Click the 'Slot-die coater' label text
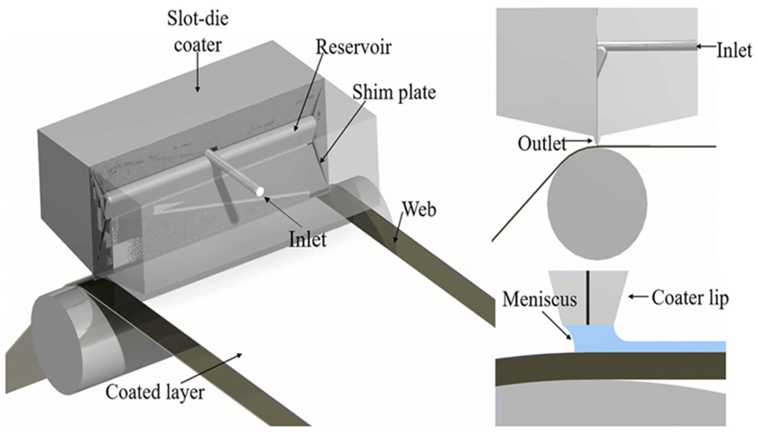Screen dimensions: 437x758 (x=198, y=32)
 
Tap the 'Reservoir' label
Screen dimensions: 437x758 (x=354, y=47)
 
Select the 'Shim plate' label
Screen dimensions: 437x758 (x=394, y=92)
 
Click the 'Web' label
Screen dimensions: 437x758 (x=419, y=210)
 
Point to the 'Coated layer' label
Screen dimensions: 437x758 (x=155, y=392)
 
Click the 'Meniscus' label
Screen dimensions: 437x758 (x=539, y=299)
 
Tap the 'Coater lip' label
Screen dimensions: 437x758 (x=690, y=298)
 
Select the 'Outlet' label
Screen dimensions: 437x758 (x=541, y=143)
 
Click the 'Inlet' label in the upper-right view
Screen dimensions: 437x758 (x=734, y=51)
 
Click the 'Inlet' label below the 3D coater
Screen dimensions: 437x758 (x=308, y=239)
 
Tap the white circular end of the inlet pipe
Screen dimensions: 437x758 (x=259, y=192)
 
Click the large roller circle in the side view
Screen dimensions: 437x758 (x=597, y=204)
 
